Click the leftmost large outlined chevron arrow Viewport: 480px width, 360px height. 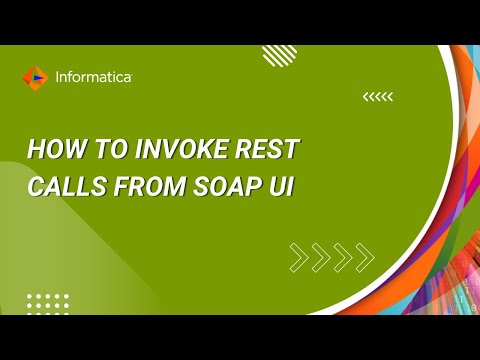click(299, 257)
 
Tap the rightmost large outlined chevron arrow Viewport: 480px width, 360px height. click(365, 257)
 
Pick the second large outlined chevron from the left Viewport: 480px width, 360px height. click(321, 257)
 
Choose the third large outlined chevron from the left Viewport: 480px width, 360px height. click(343, 257)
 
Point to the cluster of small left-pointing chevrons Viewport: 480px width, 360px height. click(377, 97)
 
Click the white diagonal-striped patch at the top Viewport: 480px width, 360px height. click(278, 55)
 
